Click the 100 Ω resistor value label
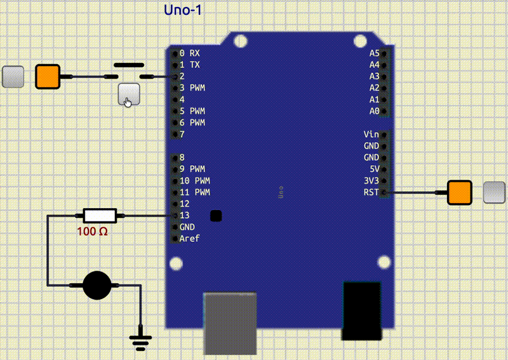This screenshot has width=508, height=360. pos(93,232)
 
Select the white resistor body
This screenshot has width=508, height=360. pos(100,216)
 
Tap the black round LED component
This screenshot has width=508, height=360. pos(97,285)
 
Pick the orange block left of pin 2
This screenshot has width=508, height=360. pos(47,77)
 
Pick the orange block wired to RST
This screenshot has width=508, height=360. pos(459,192)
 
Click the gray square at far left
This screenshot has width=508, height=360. pos(13,77)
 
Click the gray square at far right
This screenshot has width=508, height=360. pos(494,192)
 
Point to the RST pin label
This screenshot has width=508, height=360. pos(371,192)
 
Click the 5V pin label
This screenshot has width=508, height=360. pos(373,169)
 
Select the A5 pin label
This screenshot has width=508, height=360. pos(374,53)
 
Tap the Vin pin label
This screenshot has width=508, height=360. pos(371,134)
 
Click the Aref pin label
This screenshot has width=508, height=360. pos(189,239)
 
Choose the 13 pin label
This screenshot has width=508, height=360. pos(185,215)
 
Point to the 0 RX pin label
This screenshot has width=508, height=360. pos(189,53)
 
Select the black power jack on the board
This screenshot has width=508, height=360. pos(361,311)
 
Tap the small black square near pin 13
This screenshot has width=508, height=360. pos(216,216)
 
